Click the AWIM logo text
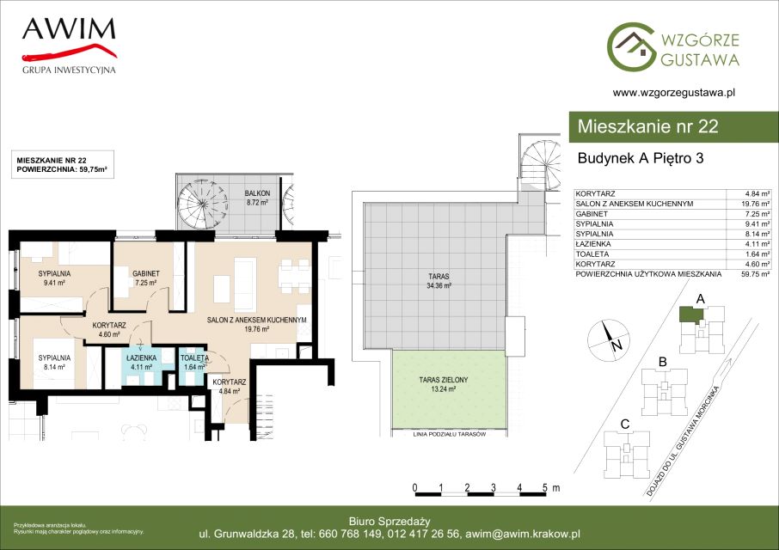(69, 29)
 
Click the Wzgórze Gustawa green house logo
(632, 46)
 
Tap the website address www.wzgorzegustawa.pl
(674, 92)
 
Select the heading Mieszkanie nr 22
(647, 126)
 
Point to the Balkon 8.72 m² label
(257, 198)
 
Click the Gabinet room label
(146, 278)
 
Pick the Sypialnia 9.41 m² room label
(54, 278)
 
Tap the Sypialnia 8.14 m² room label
(54, 363)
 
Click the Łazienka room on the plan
(141, 366)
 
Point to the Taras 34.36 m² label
(439, 281)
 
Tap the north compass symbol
(609, 341)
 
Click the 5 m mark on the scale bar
(545, 487)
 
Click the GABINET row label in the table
(592, 214)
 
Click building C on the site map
(627, 454)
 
